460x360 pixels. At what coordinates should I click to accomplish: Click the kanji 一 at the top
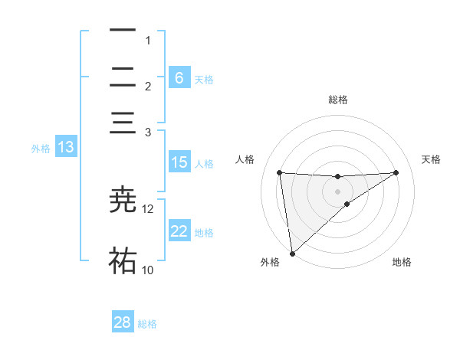123,31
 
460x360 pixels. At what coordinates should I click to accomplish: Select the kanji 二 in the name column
123,77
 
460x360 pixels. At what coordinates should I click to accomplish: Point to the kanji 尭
123,199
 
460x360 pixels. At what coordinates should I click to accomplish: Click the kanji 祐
123,260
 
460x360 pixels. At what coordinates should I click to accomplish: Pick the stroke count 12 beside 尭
148,209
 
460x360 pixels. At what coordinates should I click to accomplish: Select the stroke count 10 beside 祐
148,270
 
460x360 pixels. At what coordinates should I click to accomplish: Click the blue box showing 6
179,77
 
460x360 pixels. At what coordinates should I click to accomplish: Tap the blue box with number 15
179,162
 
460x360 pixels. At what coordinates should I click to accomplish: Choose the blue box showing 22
179,231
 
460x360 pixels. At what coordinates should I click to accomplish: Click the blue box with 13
65,147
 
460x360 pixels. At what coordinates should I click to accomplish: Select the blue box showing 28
123,322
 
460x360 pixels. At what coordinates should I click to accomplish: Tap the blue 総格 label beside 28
147,324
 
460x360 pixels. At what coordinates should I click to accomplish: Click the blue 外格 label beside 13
41,149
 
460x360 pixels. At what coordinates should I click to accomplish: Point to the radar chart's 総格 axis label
338,100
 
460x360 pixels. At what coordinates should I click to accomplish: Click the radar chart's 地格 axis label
402,262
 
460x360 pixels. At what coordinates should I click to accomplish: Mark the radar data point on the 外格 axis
292,253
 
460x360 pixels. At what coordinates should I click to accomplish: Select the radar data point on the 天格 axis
396,172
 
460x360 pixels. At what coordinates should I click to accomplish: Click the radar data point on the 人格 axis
280,172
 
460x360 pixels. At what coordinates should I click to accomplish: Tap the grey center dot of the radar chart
338,191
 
